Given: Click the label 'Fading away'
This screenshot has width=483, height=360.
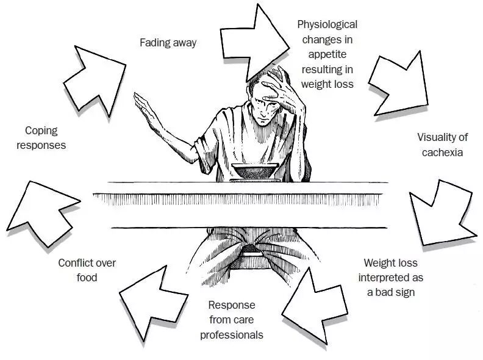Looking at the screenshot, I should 168,43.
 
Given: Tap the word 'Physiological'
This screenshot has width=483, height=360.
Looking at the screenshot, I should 327,25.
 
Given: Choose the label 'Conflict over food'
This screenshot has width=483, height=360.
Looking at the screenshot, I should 87,270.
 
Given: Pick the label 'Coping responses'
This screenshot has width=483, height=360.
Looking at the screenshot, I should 45,137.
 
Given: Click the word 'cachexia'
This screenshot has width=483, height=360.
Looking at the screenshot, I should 442,152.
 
